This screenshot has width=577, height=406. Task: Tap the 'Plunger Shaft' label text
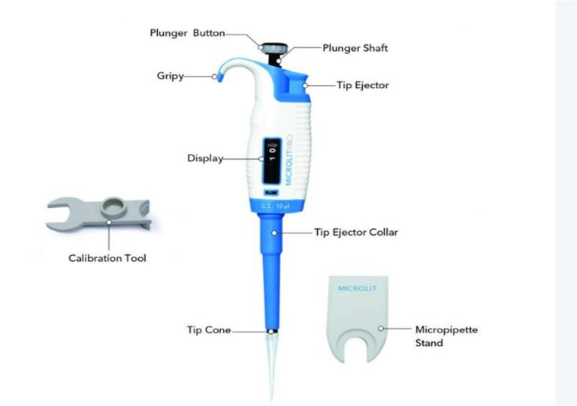click(355, 48)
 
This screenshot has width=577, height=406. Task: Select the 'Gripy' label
click(171, 77)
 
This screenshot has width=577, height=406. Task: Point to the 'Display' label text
click(204, 158)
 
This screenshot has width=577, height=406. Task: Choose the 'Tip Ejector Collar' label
click(355, 233)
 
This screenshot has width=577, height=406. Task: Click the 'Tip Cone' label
click(208, 330)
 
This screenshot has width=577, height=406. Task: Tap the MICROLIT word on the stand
click(355, 287)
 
